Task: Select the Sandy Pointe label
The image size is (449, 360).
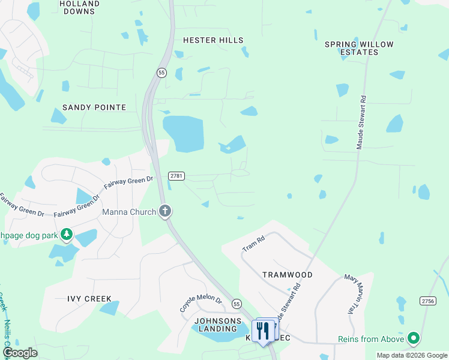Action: coord(94,107)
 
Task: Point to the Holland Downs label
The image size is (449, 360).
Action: coord(80,7)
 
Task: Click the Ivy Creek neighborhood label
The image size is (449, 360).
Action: coord(89,298)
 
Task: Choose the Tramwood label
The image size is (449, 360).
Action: coord(288,274)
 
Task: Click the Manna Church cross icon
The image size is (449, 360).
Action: coord(166,211)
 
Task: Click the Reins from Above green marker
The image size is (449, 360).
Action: coord(413,339)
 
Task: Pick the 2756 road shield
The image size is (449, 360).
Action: coord(428,301)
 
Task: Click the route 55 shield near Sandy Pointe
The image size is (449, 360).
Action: coord(161,73)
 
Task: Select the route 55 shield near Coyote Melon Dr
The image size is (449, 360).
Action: coord(237,304)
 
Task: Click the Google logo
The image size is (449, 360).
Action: coord(20,353)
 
